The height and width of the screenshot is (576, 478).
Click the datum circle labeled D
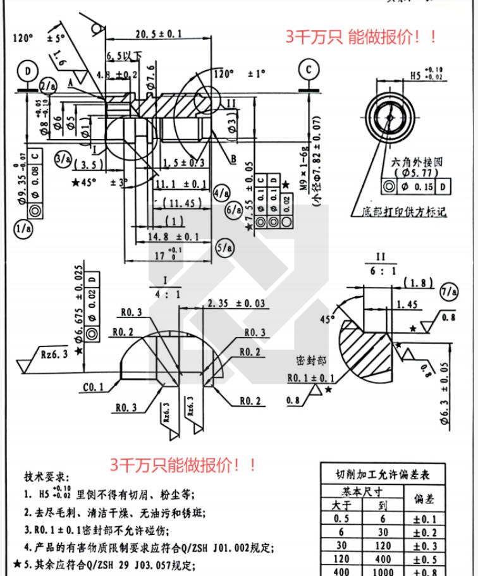[x=28, y=71]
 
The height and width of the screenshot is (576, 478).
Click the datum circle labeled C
[x=308, y=68]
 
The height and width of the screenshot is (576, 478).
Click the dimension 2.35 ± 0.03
[x=236, y=303]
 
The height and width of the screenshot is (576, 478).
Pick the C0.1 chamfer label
[x=93, y=388]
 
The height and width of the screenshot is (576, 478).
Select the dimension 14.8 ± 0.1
[x=174, y=236]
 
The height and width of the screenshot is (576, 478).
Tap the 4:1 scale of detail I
[x=164, y=294]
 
